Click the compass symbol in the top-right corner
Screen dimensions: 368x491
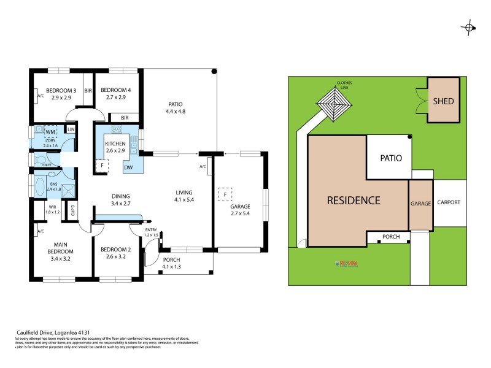tap(470, 26)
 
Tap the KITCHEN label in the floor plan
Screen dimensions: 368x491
tap(115, 144)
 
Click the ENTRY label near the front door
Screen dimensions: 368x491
tap(151, 230)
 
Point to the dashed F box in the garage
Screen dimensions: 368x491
tap(226, 194)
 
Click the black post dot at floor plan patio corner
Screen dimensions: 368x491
tap(214, 72)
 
